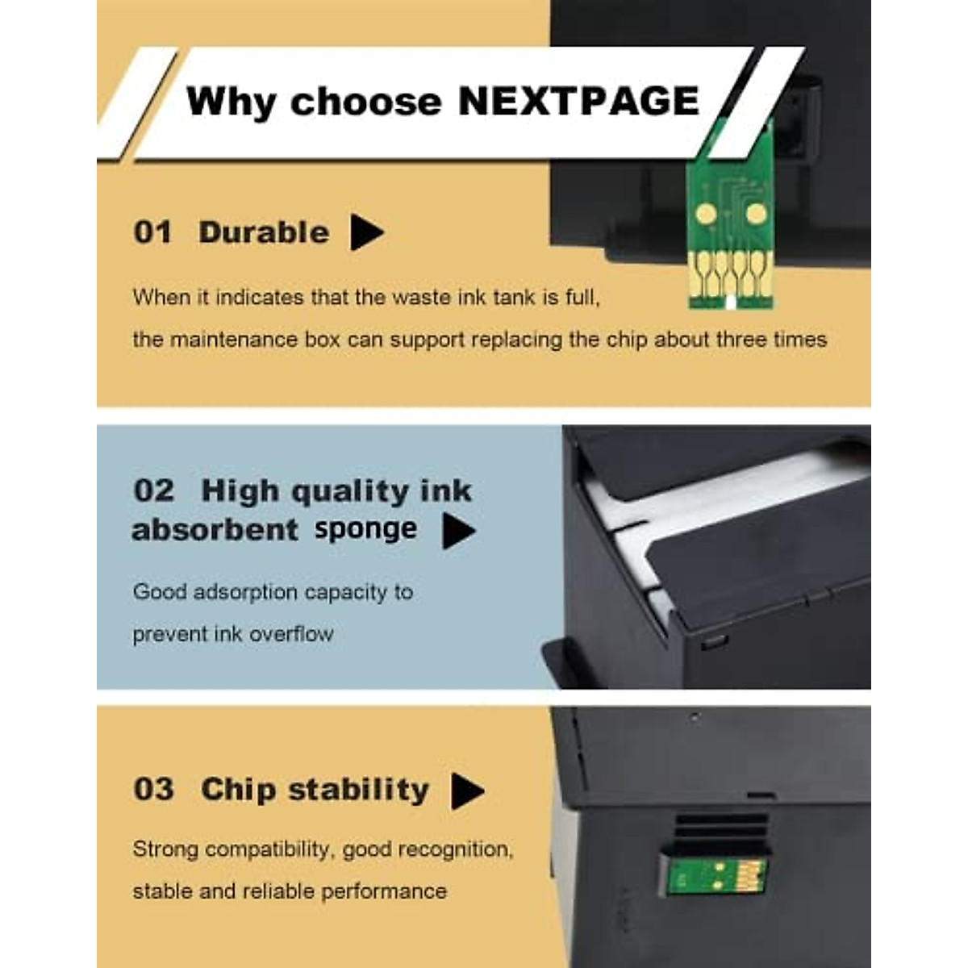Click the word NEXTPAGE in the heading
pyautogui.click(x=578, y=102)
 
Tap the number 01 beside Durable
pyautogui.click(x=153, y=232)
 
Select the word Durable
pyautogui.click(x=264, y=232)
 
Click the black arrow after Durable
pyautogui.click(x=366, y=232)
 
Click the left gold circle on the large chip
pyautogui.click(x=705, y=214)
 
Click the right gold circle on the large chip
pyautogui.click(x=756, y=214)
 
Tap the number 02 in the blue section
pyautogui.click(x=153, y=490)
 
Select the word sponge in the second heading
pyautogui.click(x=365, y=529)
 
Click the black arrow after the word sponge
pyautogui.click(x=458, y=532)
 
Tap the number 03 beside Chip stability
pyautogui.click(x=153, y=789)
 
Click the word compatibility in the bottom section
pyautogui.click(x=269, y=849)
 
